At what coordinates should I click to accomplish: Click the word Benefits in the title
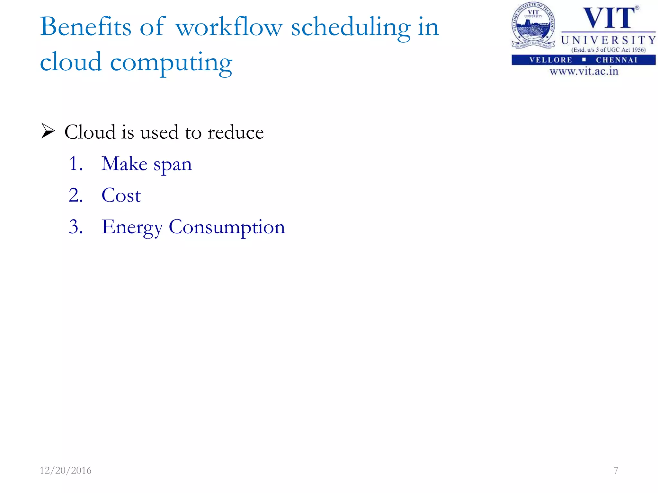pos(85,27)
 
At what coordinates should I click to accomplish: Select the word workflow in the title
pos(229,27)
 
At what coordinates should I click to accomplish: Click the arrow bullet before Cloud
pos(48,132)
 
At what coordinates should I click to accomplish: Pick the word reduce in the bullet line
pos(236,132)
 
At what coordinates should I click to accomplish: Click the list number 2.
pos(76,195)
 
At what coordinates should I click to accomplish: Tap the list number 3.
pos(76,227)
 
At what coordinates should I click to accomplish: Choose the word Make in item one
pos(124,164)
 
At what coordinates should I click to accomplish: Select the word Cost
pos(121,195)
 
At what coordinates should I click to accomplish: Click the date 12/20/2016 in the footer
pos(66,470)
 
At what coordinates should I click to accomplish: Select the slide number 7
pos(616,470)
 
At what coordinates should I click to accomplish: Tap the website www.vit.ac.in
pos(584,71)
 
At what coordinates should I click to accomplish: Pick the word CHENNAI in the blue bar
pos(617,60)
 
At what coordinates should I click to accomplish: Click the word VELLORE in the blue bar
pos(551,60)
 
